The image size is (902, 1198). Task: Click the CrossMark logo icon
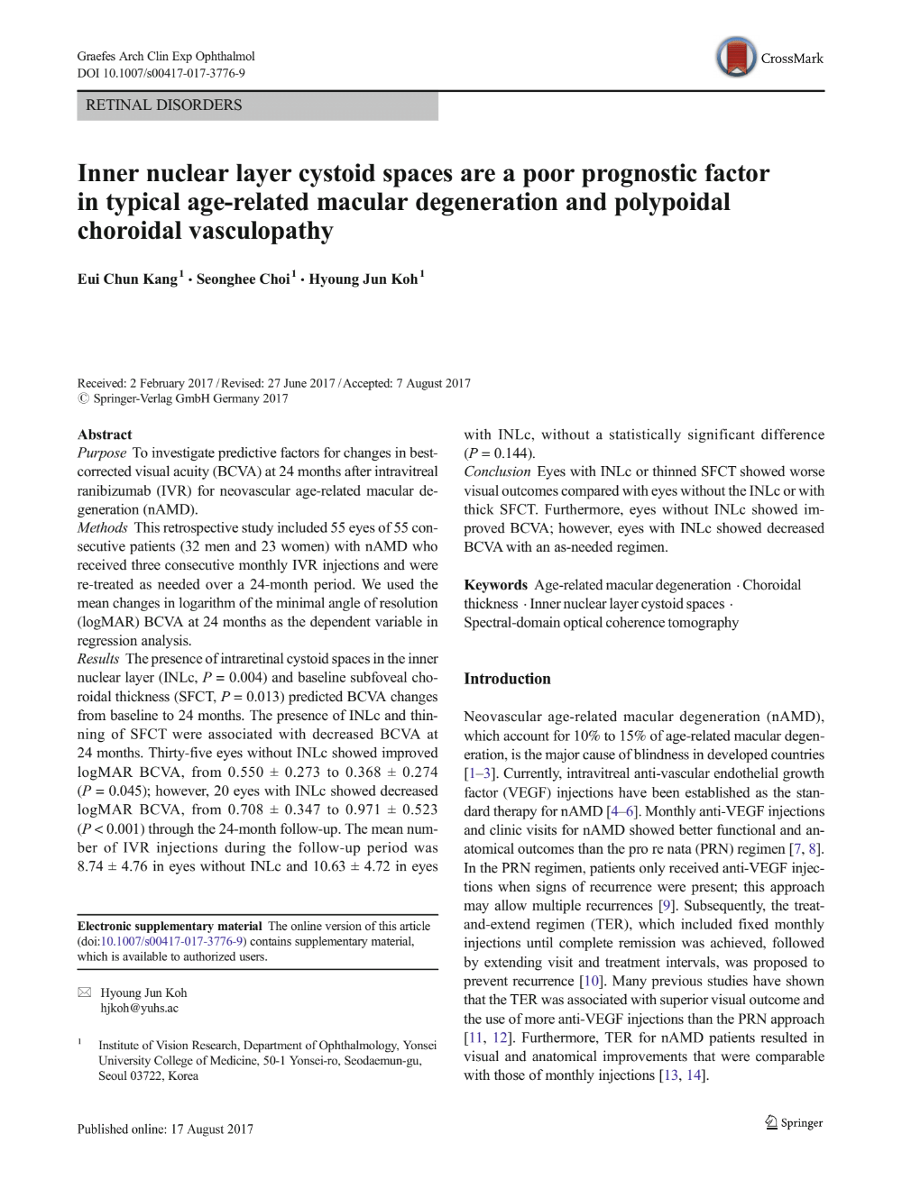coord(736,58)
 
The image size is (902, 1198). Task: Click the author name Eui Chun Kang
coord(127,279)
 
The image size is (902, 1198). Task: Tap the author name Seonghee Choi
coord(243,279)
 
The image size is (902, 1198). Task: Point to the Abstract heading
coord(105,434)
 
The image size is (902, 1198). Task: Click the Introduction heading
coord(507,679)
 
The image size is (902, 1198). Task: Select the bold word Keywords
coord(495,585)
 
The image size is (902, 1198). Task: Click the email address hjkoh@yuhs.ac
coord(139,1009)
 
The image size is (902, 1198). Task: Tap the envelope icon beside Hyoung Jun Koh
coord(85,992)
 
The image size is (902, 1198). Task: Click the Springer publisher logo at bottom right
coord(794,1123)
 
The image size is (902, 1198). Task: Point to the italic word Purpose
coord(102,453)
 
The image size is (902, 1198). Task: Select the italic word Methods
coord(103,528)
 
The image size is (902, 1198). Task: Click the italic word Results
coord(98,659)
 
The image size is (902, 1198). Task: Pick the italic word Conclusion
coord(498,471)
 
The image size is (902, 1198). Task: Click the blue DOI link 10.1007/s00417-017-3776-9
coord(172,942)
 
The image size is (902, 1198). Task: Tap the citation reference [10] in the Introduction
coord(591,981)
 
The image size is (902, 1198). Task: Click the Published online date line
coord(165,1129)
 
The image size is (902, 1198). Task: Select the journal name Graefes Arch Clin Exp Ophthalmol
coord(166,57)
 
